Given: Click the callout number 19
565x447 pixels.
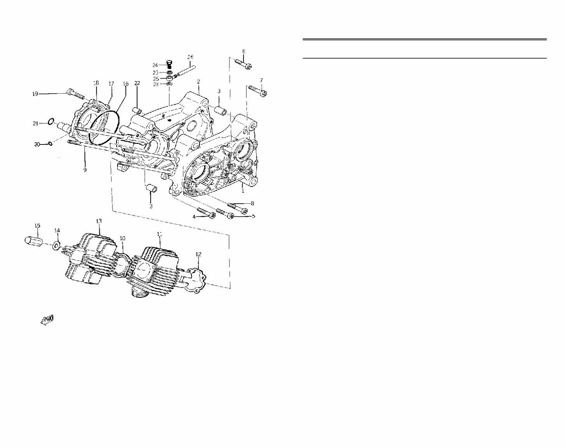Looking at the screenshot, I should (35, 94).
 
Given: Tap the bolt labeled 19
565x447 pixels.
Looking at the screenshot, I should (75, 93).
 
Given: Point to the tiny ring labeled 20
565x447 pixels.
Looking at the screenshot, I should (50, 144).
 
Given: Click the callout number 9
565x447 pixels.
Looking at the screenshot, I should (85, 170).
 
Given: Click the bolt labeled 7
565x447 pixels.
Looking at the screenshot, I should (258, 90).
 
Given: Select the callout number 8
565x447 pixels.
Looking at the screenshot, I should (252, 203).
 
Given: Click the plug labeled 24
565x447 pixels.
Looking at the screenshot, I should (169, 65).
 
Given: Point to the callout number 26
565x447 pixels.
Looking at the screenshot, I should (190, 57).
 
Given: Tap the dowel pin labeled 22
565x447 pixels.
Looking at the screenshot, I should (137, 109).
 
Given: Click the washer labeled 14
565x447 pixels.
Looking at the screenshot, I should (56, 246).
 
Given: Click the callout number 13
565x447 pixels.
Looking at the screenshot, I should (99, 221).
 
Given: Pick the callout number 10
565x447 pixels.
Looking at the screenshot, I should (122, 238).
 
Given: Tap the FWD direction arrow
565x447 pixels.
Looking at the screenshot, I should (47, 320).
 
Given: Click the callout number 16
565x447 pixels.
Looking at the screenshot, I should (125, 84).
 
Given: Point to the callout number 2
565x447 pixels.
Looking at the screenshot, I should (198, 81).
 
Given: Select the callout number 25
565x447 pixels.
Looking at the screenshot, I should (156, 78).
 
